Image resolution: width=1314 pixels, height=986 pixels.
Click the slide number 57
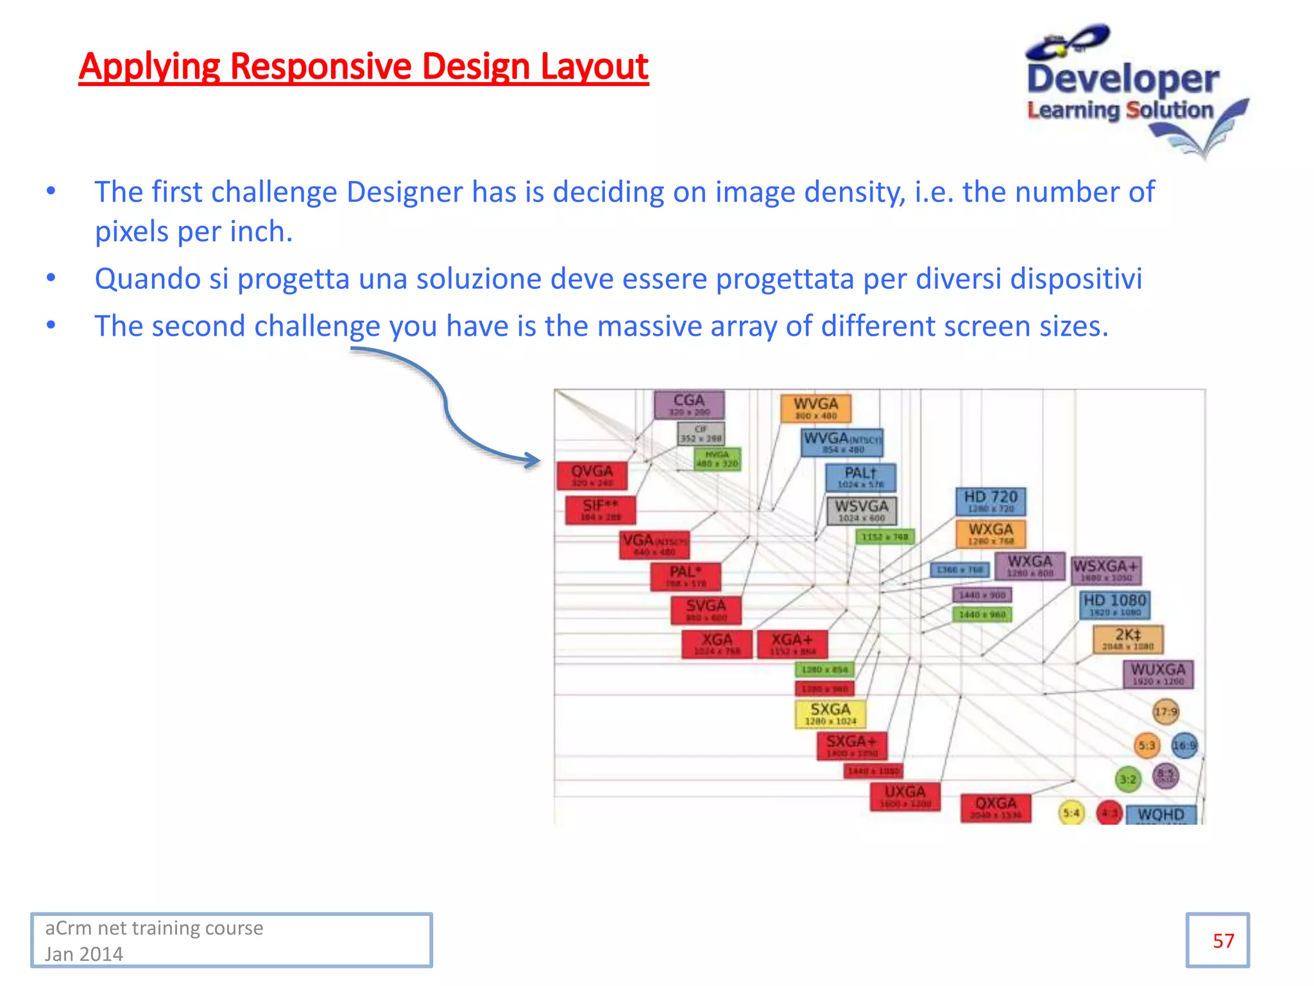[1223, 941]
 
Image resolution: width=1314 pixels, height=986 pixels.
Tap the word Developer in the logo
[1123, 80]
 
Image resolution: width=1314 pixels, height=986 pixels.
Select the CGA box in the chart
[689, 405]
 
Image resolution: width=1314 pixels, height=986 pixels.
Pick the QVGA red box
[592, 476]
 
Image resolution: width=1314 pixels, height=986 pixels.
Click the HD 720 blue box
[991, 501]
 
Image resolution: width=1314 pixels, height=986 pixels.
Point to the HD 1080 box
[1114, 605]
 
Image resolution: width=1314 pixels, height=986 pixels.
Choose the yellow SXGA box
[830, 714]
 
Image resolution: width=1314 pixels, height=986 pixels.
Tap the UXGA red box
[905, 796]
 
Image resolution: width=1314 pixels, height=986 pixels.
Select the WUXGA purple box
[1158, 674]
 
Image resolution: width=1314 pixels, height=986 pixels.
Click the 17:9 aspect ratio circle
[1166, 711]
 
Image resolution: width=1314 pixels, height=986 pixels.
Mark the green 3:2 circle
[1128, 780]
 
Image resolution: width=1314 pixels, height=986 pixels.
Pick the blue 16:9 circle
[1184, 745]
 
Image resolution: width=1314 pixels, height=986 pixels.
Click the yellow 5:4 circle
[1071, 813]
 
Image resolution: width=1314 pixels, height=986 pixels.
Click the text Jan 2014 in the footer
[84, 954]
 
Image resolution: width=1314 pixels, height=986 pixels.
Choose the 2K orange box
[1127, 639]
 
